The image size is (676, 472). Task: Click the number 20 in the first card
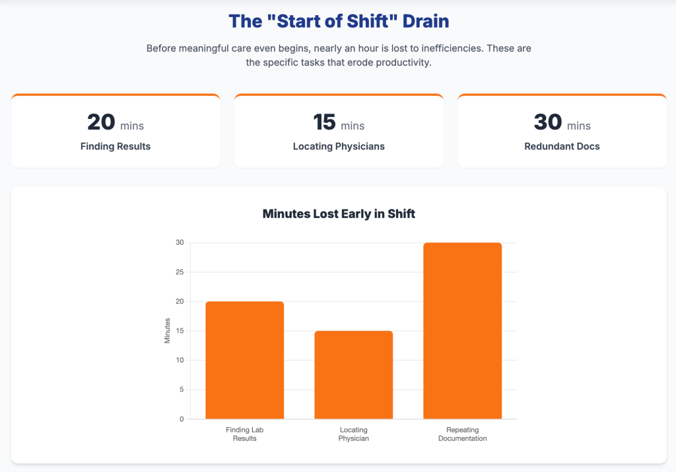coord(101,122)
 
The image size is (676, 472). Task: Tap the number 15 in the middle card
coord(324,122)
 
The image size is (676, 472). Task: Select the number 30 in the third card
coord(547,122)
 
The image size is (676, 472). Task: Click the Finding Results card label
coord(116,146)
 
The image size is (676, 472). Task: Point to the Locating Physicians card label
coord(339,146)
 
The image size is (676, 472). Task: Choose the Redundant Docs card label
coord(562,146)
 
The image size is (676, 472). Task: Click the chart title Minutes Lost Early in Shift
coord(339,214)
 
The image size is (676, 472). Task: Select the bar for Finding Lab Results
coord(245,360)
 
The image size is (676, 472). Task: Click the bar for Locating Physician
coord(353,374)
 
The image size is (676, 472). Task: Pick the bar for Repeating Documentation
coord(462,330)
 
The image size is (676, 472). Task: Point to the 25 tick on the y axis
coord(180,272)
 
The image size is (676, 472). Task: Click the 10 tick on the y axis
coord(180,360)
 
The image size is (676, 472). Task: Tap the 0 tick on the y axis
coord(182,419)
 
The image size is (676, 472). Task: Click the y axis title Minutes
coord(168,330)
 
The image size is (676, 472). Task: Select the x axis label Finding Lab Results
coord(245,434)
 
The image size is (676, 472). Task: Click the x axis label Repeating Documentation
coord(462,434)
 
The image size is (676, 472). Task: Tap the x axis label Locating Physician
coord(353,434)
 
